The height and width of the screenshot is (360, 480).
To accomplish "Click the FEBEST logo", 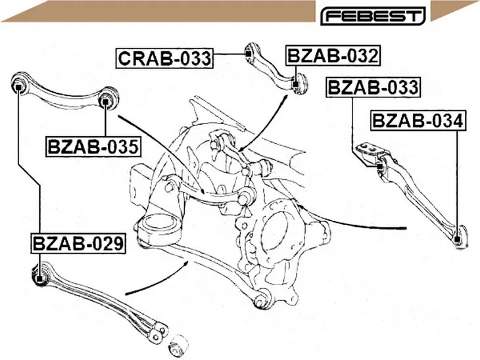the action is pyautogui.click(x=373, y=16).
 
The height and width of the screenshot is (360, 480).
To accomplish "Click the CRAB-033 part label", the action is pyautogui.click(x=164, y=58).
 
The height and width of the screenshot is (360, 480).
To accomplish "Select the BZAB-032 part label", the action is pyautogui.click(x=333, y=56).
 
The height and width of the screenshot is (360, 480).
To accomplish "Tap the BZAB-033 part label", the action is pyautogui.click(x=373, y=87).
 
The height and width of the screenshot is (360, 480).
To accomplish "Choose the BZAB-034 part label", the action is pyautogui.click(x=418, y=120).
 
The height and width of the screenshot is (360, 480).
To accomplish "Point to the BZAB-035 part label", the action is pyautogui.click(x=93, y=146).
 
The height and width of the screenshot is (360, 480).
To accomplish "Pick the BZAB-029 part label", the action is pyautogui.click(x=78, y=243).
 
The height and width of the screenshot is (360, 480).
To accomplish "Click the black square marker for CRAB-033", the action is pyautogui.click(x=249, y=54).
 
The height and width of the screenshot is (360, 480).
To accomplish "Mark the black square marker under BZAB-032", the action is pyautogui.click(x=295, y=84).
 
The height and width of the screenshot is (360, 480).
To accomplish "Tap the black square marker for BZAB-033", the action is pyautogui.click(x=379, y=167).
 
